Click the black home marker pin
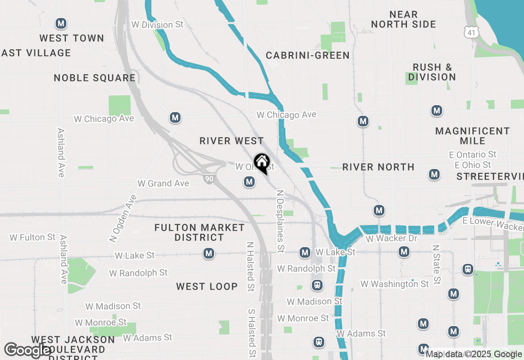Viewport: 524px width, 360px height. (262, 163)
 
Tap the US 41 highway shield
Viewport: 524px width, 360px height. (471, 32)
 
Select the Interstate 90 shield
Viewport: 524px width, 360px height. (208, 178)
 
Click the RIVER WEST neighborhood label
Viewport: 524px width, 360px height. (232, 141)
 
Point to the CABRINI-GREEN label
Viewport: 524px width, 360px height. (307, 55)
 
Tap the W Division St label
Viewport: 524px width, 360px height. (158, 25)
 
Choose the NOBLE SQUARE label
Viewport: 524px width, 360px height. (95, 78)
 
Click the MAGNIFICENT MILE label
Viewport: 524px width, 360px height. (472, 136)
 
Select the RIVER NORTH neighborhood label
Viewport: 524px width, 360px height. (378, 167)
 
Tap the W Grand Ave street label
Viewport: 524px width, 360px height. (163, 183)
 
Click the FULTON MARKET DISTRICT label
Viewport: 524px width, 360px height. (199, 232)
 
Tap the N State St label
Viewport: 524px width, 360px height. (436, 264)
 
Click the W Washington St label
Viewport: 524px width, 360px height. (395, 283)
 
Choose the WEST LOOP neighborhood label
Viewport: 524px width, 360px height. (207, 286)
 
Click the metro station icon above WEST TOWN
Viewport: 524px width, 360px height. (61, 23)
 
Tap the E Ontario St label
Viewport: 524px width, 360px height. (472, 154)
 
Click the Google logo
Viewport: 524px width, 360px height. (27, 350)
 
